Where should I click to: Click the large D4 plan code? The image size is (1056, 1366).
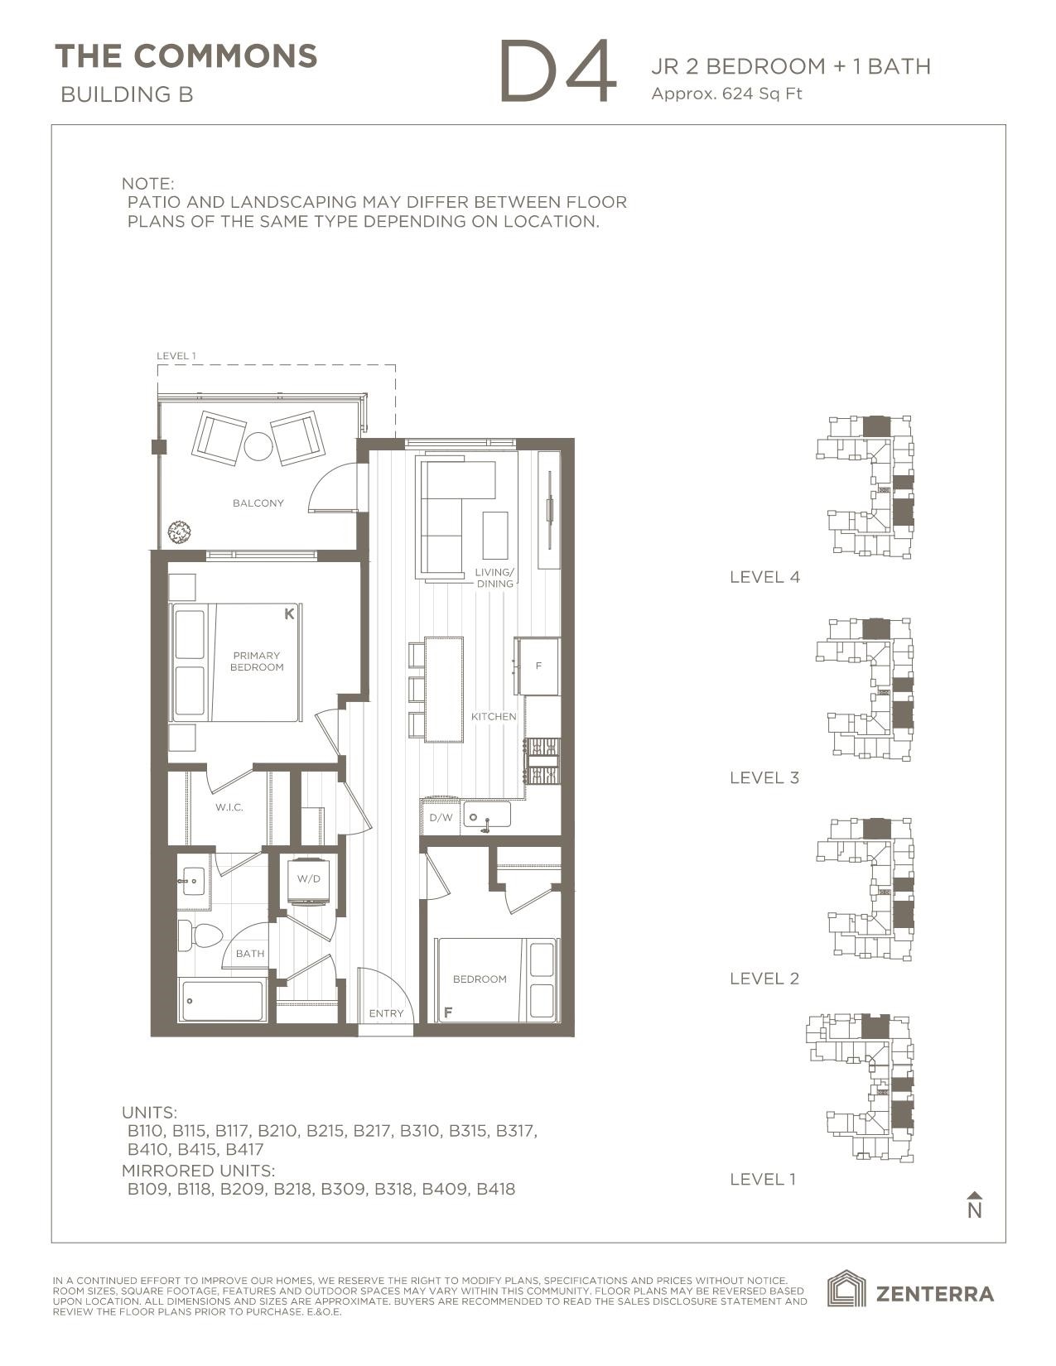click(558, 71)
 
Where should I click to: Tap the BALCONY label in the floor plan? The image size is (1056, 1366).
click(258, 503)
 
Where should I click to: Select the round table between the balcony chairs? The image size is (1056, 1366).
click(258, 447)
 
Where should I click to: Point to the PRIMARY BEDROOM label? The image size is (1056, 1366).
click(257, 661)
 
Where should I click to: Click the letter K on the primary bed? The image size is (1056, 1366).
click(289, 614)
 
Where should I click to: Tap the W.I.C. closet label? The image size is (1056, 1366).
click(229, 807)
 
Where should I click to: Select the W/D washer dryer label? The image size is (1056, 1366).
click(308, 879)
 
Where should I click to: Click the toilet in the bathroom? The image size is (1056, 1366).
click(200, 936)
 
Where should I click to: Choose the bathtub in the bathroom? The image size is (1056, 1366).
click(222, 1000)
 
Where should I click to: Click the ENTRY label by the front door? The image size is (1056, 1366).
click(386, 1013)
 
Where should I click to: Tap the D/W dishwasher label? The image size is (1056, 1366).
click(441, 818)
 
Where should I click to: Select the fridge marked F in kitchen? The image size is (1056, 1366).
click(538, 666)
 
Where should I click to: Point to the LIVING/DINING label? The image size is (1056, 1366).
click(494, 578)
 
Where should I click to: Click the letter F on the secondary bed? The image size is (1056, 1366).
click(448, 1012)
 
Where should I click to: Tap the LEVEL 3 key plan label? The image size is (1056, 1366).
click(764, 778)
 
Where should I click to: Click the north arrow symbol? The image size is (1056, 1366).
click(975, 1205)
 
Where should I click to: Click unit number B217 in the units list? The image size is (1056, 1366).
click(373, 1130)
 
